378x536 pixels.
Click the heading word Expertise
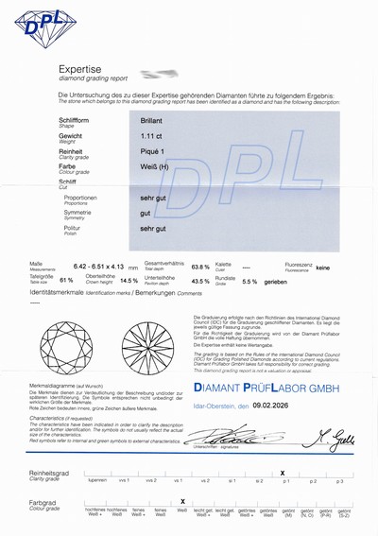(81, 70)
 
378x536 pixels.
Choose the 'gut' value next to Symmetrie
(145, 214)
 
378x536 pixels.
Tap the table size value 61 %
(66, 281)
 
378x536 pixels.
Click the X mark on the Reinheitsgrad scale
(283, 471)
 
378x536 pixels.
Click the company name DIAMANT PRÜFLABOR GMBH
(268, 389)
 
